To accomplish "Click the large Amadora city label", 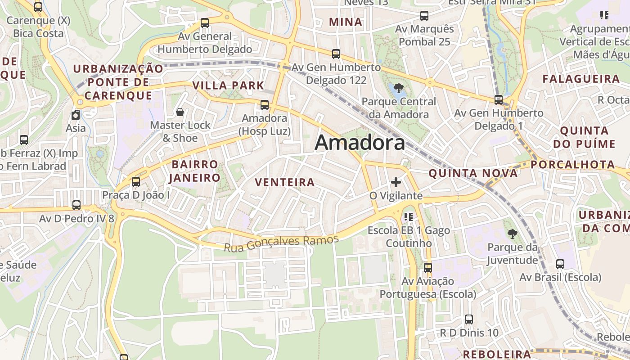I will (x=360, y=143).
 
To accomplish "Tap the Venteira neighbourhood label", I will (x=284, y=182).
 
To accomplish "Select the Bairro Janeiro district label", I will (x=194, y=171).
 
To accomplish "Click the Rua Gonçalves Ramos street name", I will (x=281, y=243).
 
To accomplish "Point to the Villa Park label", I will (x=228, y=85).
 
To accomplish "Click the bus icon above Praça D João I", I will (x=135, y=182).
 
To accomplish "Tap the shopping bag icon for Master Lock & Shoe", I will (x=180, y=112).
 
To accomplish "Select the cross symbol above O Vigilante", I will (x=396, y=182).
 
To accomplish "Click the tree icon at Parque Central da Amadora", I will (x=398, y=88).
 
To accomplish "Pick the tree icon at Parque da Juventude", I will (x=512, y=234).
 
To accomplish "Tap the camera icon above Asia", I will (x=76, y=115).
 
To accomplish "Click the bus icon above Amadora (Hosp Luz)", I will (x=265, y=105).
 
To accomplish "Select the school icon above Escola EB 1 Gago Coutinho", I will (x=409, y=217).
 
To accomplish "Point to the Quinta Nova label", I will (x=472, y=173).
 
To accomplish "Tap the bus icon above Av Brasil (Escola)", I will (x=560, y=264).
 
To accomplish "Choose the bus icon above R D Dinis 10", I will (x=469, y=319).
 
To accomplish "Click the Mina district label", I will (x=346, y=22).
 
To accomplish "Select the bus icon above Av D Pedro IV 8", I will (x=76, y=205).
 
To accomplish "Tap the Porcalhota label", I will (x=572, y=165).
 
